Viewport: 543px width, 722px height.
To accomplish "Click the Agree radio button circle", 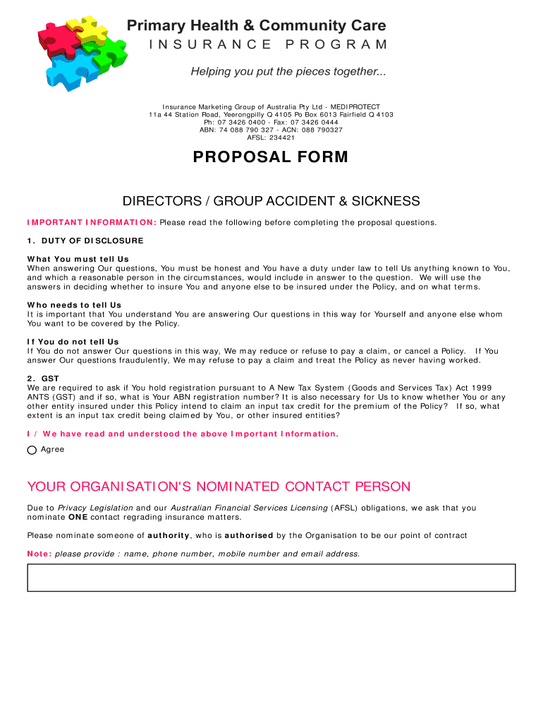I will pos(32,451).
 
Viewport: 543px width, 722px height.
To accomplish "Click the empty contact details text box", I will pos(271,577).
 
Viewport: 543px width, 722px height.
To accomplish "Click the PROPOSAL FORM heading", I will pos(271,157).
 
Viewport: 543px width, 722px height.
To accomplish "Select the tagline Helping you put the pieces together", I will pos(288,72).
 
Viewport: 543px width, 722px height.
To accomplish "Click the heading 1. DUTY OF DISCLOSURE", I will pos(85,241).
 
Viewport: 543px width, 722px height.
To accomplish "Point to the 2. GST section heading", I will pos(43,379).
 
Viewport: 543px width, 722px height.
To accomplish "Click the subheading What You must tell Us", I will pos(78,259).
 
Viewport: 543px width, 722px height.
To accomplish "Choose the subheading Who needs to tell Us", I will pos(74,305).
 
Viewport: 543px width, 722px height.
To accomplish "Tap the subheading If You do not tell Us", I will pos(73,342).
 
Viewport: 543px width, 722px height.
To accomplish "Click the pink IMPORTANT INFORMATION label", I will pos(92,223).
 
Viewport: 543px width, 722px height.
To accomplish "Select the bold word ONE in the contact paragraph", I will pos(78,517).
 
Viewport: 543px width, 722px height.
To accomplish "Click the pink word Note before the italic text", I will pos(39,554).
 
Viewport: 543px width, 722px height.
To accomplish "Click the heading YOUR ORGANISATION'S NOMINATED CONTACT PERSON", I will pos(219,487).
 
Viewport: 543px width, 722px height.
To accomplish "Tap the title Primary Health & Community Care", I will pos(257,26).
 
